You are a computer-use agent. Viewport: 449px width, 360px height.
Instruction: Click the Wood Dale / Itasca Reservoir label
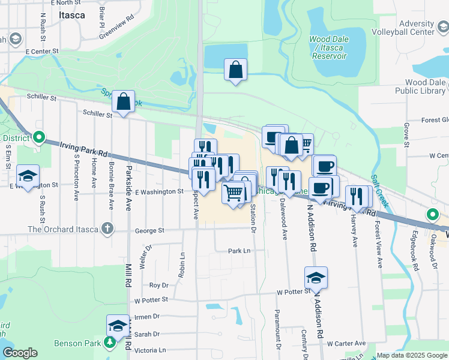tap(328, 47)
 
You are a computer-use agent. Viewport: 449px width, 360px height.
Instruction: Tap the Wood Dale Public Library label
tap(415, 86)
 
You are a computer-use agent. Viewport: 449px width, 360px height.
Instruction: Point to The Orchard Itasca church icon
tap(107, 229)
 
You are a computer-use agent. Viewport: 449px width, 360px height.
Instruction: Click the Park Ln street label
tap(238, 251)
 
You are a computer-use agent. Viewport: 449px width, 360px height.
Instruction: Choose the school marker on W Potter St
tap(316, 278)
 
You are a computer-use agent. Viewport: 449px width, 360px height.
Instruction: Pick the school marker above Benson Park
tap(118, 326)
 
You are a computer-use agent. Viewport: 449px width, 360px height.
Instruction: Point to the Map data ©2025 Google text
tap(412, 355)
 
